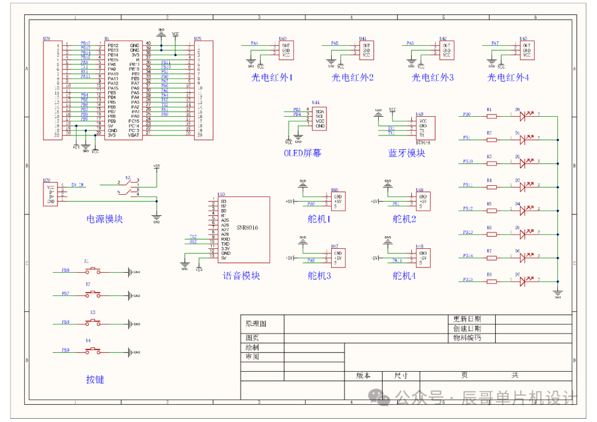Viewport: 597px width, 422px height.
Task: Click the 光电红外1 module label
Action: point(272,78)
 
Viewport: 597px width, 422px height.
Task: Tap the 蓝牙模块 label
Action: point(406,153)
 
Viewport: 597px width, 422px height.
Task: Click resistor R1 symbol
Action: point(490,115)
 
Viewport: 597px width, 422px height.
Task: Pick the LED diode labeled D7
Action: point(526,282)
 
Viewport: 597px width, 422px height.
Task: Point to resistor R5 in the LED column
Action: point(490,210)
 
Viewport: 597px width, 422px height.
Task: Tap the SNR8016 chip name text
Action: point(247,227)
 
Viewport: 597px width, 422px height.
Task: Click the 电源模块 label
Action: point(104,219)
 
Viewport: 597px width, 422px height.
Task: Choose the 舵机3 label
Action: point(319,275)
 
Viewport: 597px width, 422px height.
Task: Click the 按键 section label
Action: point(95,379)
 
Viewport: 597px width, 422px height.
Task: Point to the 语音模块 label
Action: point(241,275)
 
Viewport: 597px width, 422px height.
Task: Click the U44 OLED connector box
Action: point(318,118)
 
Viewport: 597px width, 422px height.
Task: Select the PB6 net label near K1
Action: point(65,270)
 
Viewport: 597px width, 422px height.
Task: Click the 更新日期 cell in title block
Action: point(467,319)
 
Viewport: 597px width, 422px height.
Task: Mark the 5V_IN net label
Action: point(78,185)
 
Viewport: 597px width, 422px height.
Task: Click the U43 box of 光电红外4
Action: point(526,50)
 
